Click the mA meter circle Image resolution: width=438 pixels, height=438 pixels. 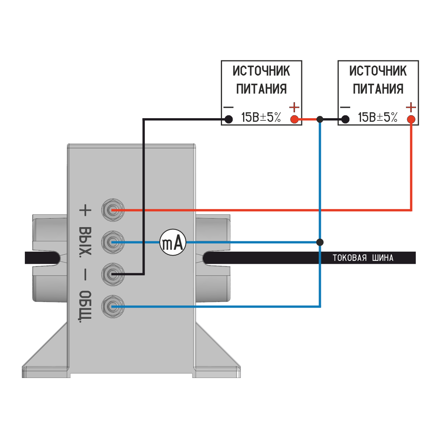[x=173, y=243]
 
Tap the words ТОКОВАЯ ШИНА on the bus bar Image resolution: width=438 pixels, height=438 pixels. [x=363, y=258]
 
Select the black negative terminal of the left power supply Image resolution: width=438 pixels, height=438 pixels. [x=229, y=119]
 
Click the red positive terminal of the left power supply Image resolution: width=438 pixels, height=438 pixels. [x=294, y=119]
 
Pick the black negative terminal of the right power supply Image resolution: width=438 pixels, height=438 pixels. [x=345, y=119]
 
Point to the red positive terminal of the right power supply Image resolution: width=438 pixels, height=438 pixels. [x=411, y=119]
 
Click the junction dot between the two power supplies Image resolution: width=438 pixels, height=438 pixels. [x=320, y=119]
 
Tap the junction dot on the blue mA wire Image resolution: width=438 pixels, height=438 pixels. [x=320, y=242]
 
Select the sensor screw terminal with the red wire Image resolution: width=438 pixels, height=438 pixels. [x=113, y=210]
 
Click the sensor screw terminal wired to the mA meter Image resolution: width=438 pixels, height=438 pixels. [x=113, y=242]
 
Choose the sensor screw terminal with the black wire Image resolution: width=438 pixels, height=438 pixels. [x=113, y=275]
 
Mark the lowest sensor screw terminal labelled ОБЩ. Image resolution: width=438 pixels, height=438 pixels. [x=113, y=306]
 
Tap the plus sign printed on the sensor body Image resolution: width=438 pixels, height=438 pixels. [x=85, y=210]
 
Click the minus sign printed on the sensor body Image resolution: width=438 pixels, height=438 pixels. [x=85, y=275]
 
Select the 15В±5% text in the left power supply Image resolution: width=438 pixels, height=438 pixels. [x=261, y=117]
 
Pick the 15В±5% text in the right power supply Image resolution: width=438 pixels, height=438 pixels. [x=378, y=117]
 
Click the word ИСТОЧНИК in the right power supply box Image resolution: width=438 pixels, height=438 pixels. [x=378, y=71]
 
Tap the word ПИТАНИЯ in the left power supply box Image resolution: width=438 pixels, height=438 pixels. [x=262, y=89]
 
